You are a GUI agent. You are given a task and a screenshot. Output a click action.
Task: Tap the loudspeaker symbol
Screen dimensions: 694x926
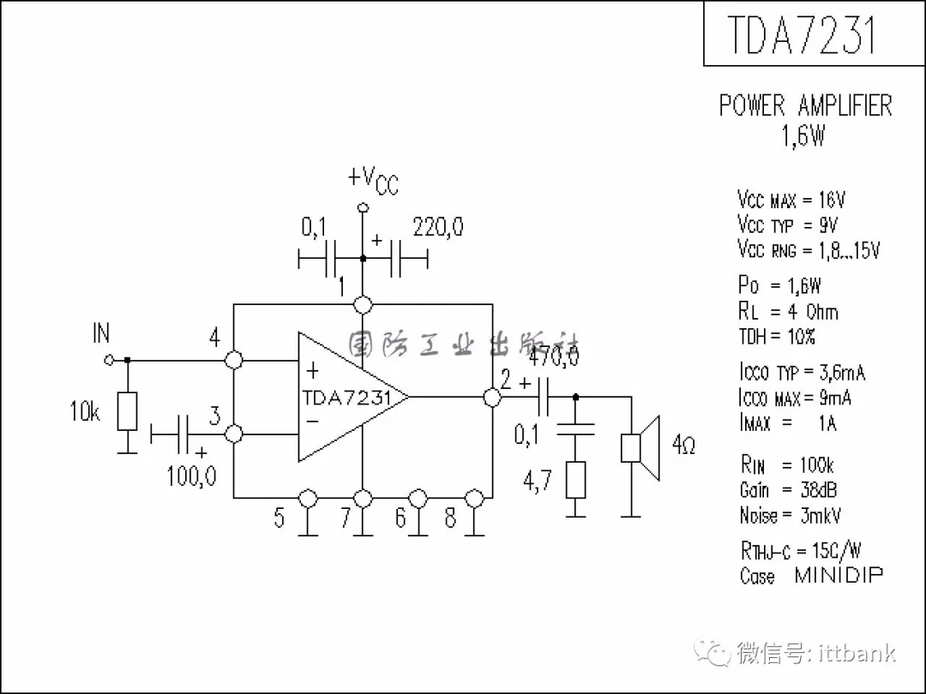[641, 448]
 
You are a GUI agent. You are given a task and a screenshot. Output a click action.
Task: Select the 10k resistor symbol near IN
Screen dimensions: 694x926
[128, 411]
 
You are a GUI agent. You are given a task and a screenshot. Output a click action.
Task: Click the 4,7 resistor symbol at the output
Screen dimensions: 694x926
[576, 480]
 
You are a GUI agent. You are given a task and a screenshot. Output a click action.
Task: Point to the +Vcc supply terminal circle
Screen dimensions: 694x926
[363, 207]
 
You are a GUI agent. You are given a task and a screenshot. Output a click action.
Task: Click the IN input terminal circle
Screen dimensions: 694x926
[108, 360]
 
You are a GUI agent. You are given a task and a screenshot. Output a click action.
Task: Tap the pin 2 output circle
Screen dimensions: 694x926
[492, 397]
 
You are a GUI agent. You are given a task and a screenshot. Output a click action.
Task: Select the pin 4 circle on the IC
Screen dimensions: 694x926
[233, 360]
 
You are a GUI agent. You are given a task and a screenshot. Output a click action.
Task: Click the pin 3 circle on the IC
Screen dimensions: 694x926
[233, 434]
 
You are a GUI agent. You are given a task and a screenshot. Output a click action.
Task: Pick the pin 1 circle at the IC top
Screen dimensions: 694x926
[363, 304]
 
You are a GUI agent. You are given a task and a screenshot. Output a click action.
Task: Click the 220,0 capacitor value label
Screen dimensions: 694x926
[438, 228]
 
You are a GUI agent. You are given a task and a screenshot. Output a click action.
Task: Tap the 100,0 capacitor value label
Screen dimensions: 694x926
[191, 476]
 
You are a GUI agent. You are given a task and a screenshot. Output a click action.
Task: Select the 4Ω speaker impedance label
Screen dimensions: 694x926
[684, 446]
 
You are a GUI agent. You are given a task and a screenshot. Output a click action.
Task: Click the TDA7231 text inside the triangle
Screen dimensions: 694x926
[346, 398]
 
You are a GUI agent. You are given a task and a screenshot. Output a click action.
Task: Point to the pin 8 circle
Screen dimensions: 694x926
[473, 497]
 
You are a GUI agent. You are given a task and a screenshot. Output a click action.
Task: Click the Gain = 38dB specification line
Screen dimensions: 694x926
[788, 490]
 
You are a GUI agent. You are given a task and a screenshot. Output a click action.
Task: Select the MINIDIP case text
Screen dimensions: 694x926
[838, 575]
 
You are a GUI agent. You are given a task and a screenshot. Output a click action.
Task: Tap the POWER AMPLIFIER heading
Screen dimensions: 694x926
[805, 106]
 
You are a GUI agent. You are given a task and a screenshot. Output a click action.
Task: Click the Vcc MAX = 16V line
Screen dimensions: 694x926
[791, 200]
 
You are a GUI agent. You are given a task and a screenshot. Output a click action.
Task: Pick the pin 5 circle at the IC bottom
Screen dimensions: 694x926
[307, 497]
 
